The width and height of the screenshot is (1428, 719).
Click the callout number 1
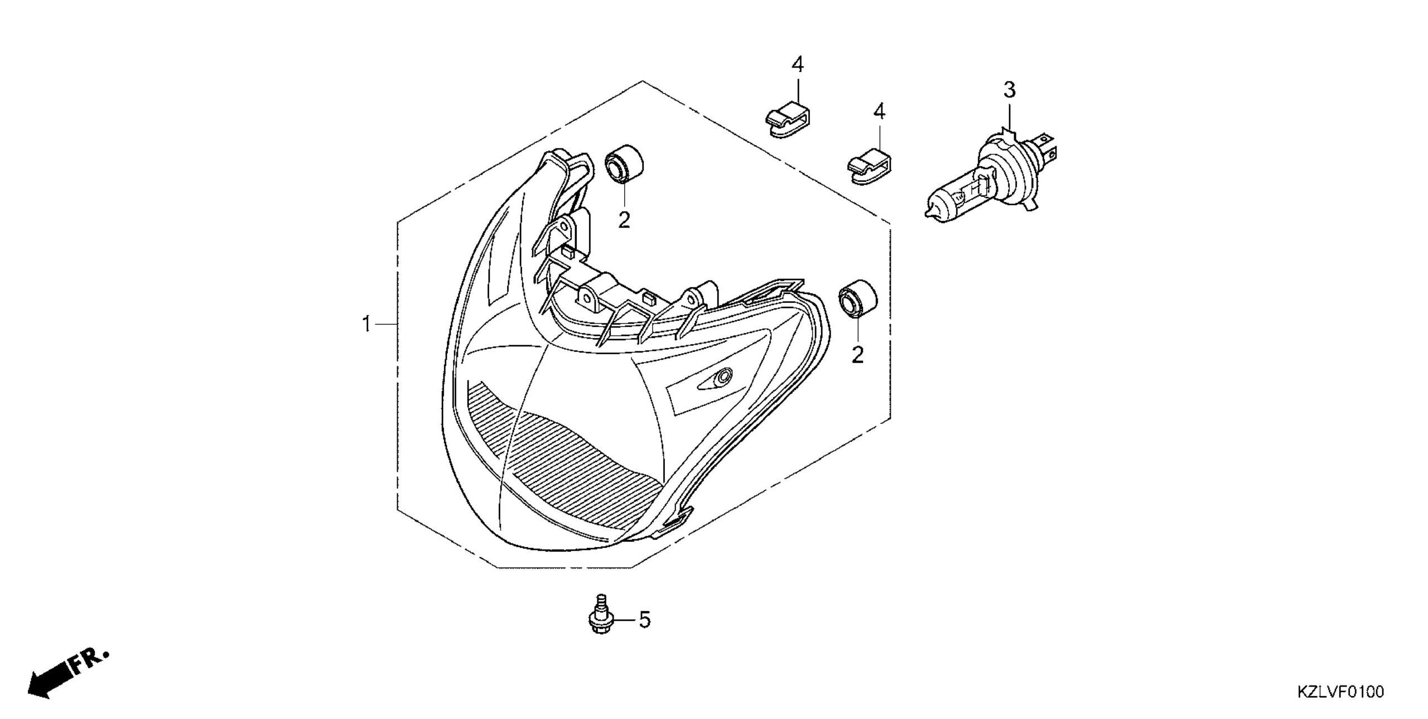(366, 324)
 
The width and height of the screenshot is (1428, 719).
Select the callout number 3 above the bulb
(1010, 90)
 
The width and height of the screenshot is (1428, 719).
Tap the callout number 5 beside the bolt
(644, 620)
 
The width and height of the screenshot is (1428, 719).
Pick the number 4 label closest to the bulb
(879, 112)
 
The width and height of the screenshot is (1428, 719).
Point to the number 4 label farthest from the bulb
(798, 65)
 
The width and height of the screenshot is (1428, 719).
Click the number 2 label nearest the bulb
(857, 355)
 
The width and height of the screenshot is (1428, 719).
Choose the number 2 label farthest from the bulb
(624, 220)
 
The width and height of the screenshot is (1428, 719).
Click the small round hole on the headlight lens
(724, 377)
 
